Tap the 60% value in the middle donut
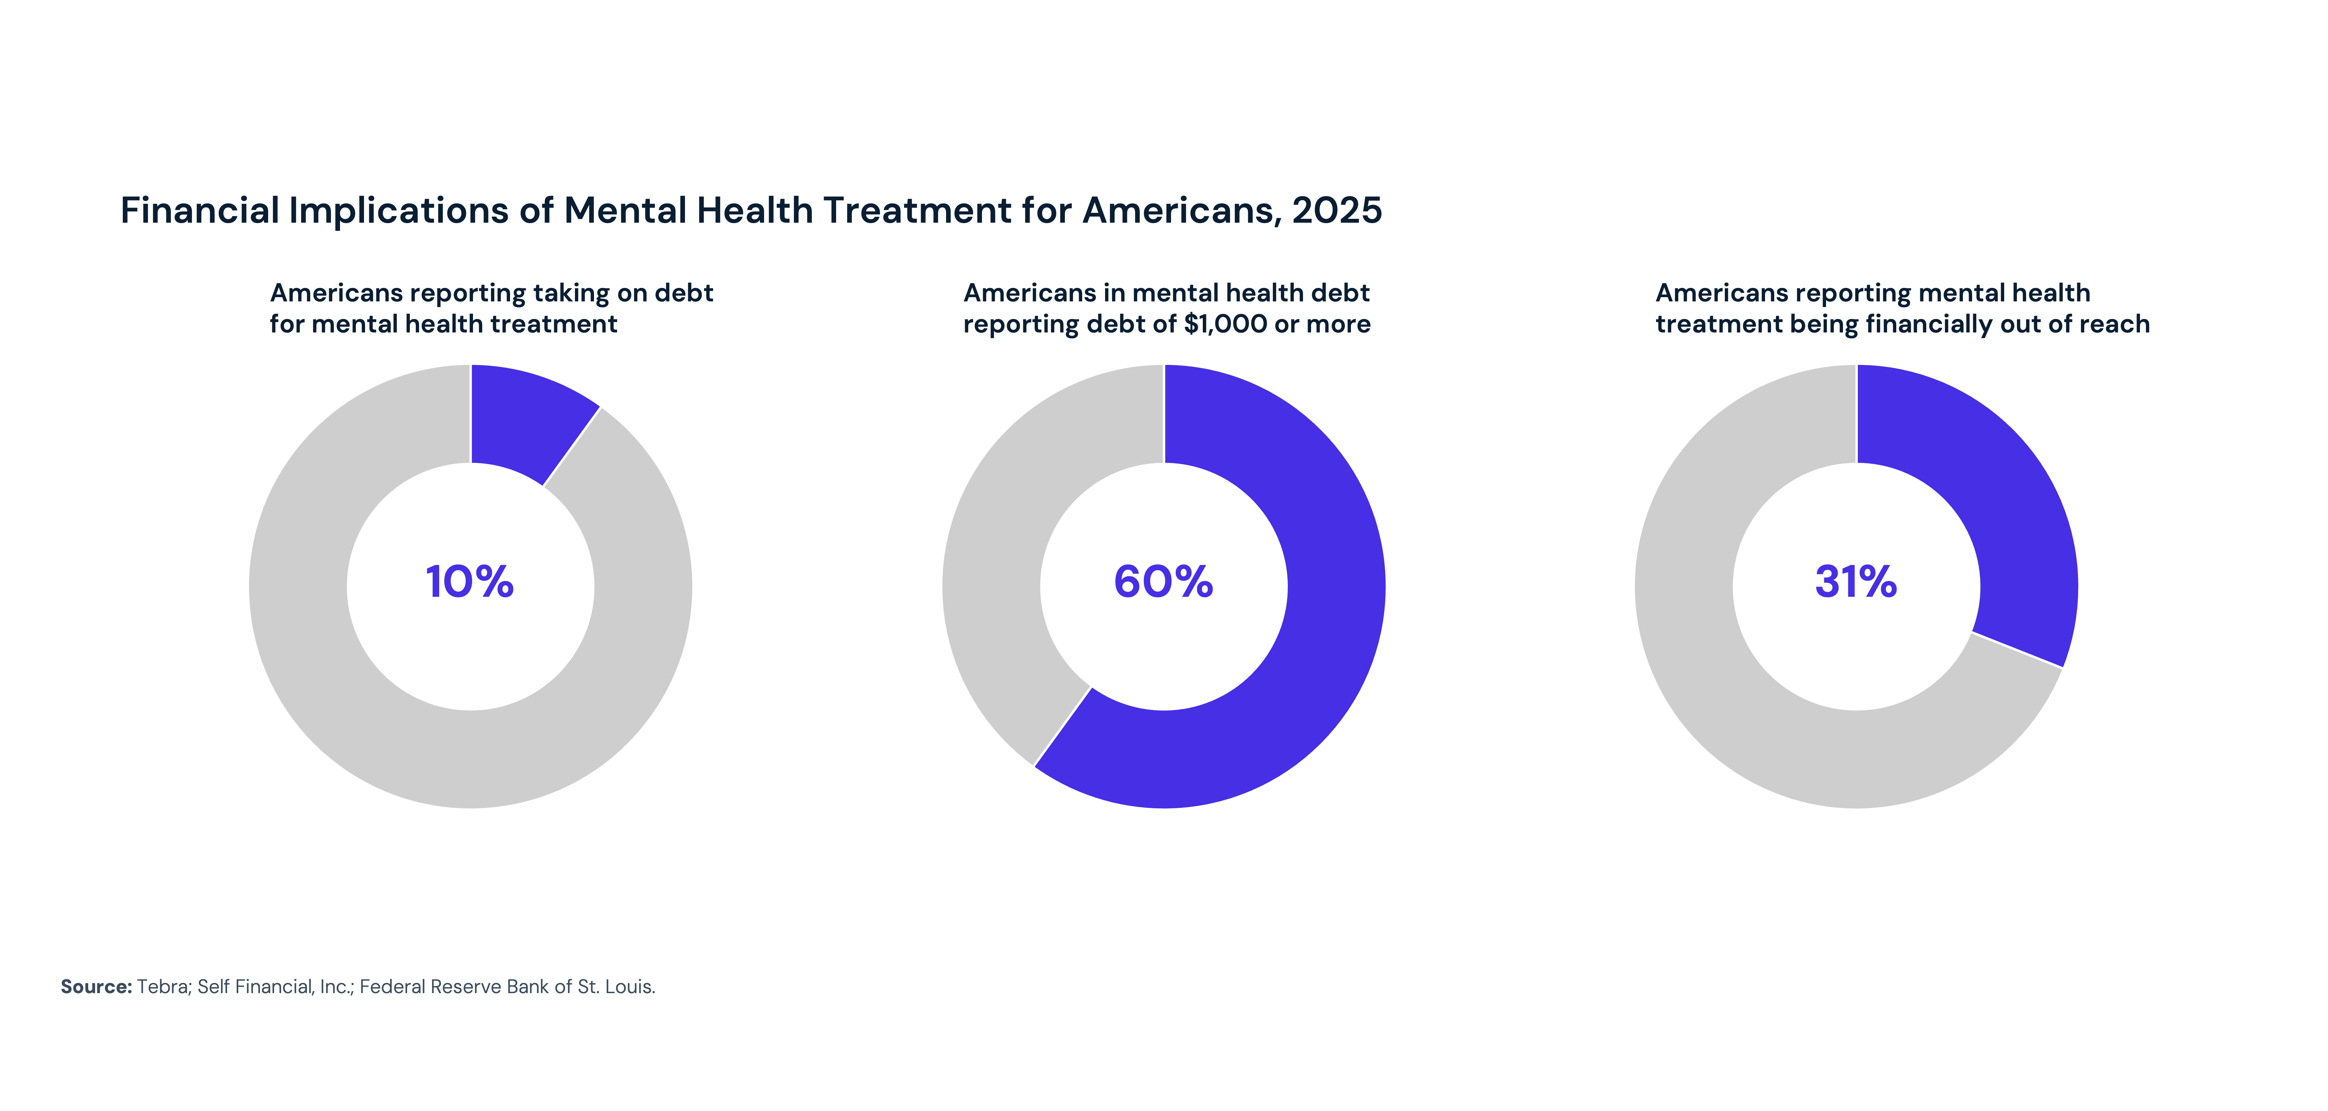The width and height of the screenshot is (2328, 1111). (x=1163, y=581)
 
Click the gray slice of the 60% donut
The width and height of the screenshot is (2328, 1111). (x=1003, y=560)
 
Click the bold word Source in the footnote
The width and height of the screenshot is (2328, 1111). (x=96, y=986)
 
